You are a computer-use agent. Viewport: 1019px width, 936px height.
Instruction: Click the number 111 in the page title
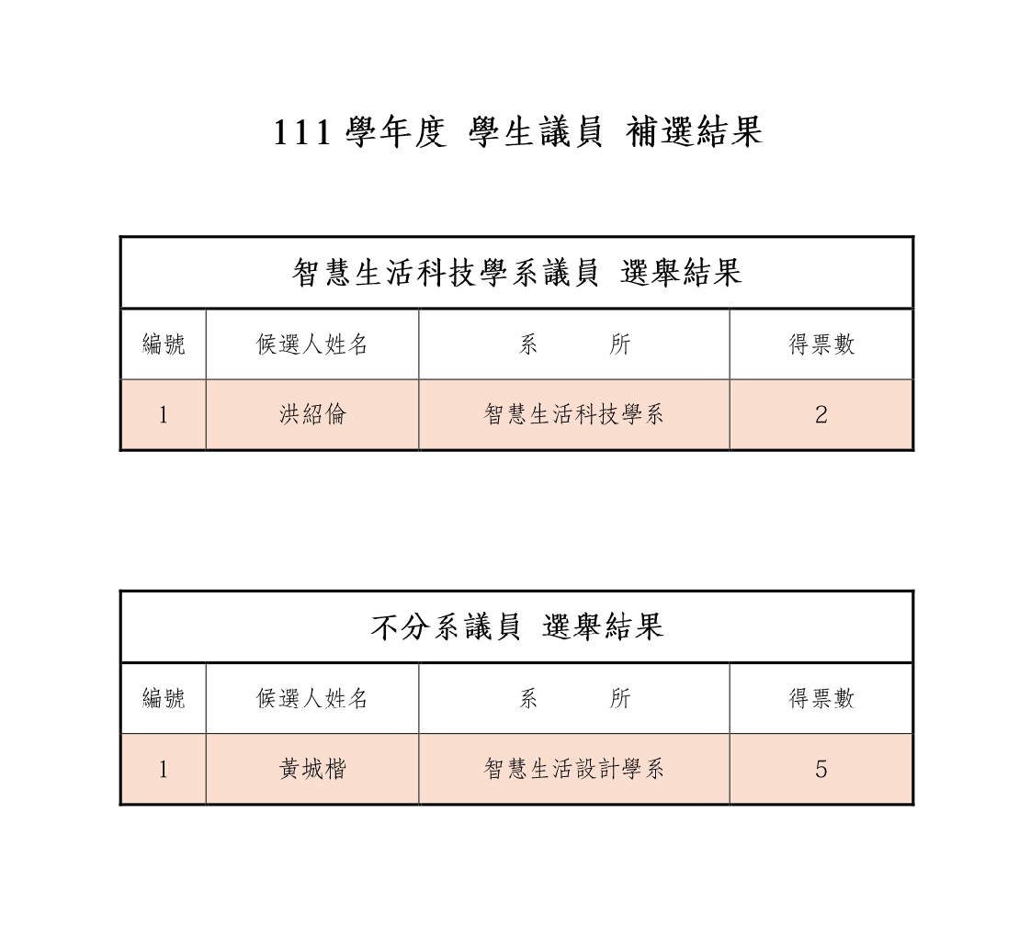302,133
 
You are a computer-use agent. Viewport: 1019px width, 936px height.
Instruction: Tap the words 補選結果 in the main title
694,132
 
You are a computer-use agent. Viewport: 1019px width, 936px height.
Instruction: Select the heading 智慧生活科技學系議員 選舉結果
516,273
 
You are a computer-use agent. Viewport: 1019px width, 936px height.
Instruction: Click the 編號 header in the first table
164,344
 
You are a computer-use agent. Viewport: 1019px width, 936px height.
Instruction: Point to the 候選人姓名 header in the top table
311,344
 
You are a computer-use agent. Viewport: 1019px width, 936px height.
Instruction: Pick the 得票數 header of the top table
821,344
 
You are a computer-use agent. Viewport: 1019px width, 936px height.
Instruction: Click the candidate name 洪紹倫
312,414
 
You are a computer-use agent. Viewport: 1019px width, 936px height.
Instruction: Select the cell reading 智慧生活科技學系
574,414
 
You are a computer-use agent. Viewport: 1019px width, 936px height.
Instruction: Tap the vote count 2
821,414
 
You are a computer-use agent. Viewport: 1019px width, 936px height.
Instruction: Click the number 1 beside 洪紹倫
164,414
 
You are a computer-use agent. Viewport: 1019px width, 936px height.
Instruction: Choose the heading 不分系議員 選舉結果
517,627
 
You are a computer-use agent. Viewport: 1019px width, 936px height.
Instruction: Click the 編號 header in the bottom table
164,699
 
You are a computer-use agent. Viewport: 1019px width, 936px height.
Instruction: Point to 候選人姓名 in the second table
311,699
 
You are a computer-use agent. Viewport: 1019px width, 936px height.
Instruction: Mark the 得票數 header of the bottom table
821,699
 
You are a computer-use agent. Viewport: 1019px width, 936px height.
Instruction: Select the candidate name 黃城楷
312,770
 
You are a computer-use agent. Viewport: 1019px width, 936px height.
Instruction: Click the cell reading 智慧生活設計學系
574,770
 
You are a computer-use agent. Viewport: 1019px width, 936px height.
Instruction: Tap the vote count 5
821,770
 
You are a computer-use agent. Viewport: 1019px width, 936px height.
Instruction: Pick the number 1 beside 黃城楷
164,770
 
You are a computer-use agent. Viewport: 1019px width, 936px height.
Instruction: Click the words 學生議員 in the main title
536,132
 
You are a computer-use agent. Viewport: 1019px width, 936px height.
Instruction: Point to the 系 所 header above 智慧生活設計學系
574,699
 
